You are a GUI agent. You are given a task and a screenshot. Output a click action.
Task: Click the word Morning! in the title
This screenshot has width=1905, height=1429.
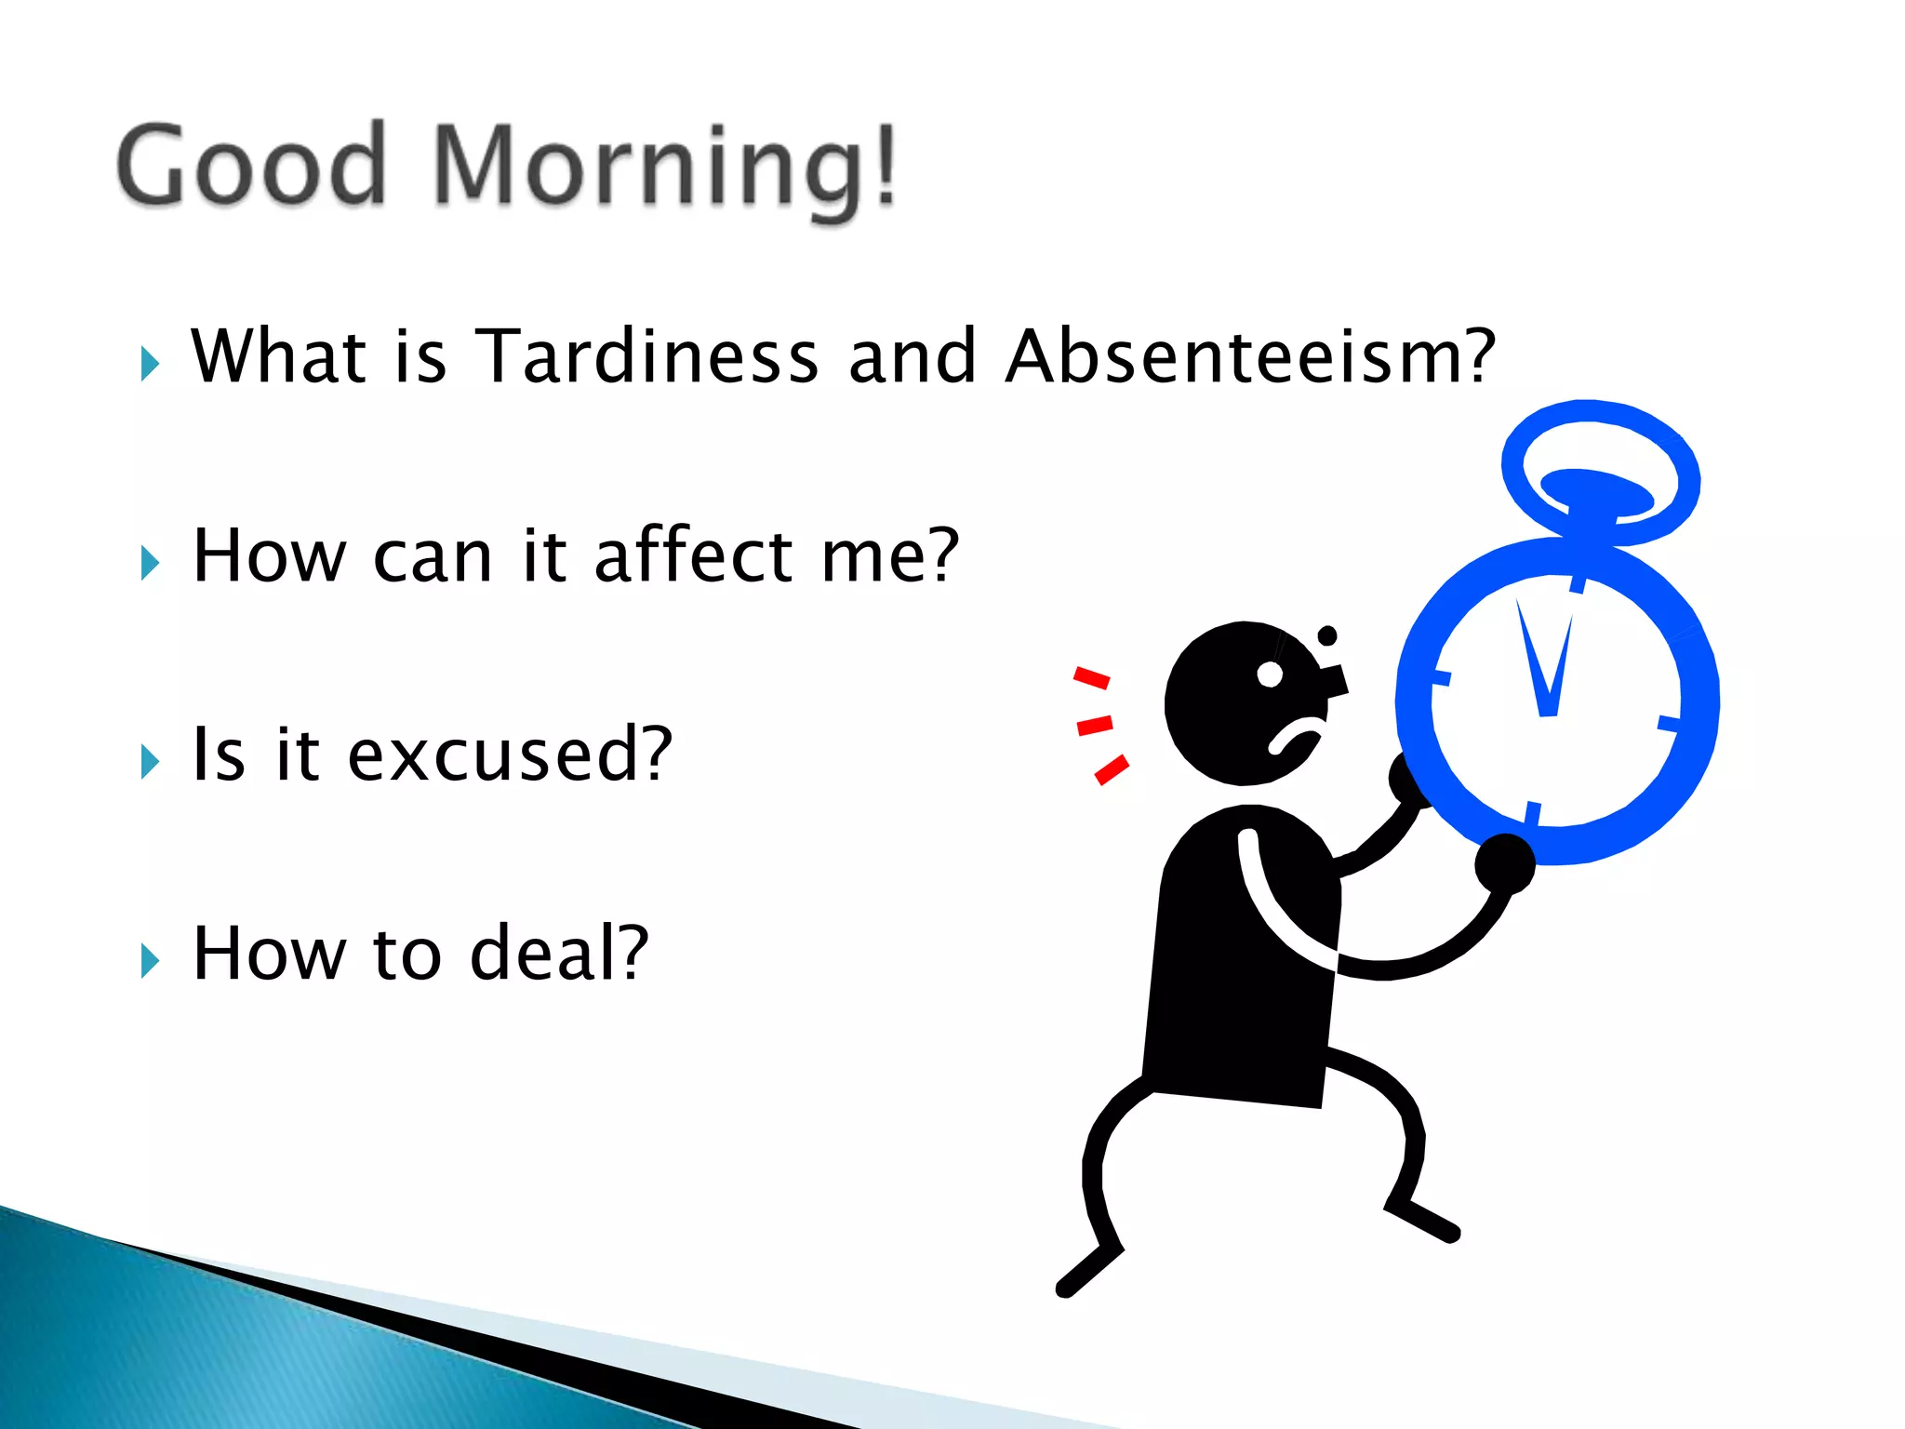tap(664, 167)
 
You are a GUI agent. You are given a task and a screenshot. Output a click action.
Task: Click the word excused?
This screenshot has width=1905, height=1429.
tap(509, 755)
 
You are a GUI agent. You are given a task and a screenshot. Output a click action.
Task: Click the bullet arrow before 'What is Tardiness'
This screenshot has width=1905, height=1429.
tap(150, 364)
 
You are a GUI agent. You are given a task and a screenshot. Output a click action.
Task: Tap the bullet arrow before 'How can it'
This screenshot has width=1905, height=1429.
tap(150, 563)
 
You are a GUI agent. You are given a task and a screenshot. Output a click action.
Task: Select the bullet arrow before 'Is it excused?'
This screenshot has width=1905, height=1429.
tap(150, 762)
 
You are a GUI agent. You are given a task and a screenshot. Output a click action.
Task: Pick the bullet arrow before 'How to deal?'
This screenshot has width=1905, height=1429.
tap(150, 961)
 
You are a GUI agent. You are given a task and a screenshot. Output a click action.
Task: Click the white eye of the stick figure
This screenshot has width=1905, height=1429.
tap(1269, 674)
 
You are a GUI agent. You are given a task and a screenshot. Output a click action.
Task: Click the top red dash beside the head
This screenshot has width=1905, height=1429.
tap(1092, 677)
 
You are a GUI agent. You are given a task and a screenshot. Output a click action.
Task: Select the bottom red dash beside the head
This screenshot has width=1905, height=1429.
tap(1112, 769)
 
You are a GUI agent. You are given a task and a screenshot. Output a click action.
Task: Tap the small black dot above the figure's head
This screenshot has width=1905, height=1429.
tap(1327, 635)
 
